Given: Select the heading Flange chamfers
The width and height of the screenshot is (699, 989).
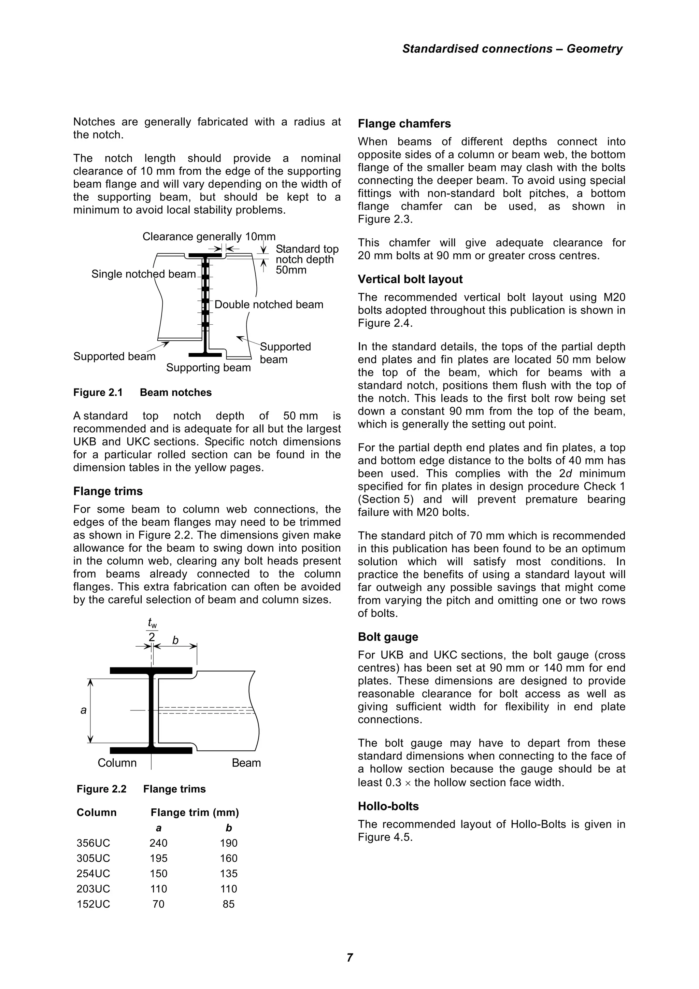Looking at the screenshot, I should pos(404,124).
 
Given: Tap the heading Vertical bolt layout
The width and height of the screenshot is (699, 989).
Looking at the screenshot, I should pos(410,279).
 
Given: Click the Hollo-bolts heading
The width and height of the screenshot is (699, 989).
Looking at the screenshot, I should pos(388,806).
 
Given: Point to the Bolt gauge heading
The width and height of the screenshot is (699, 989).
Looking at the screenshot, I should pos(388,637).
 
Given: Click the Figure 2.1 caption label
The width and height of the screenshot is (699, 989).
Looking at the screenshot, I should pos(98,392).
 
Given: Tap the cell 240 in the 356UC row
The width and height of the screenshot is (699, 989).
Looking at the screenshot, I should pos(158,843).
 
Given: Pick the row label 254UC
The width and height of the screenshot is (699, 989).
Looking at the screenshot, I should pos(93,874).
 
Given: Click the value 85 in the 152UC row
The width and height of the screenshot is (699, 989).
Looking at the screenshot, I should pos(228,904).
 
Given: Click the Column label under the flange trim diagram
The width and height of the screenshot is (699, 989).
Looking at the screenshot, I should pos(117,763).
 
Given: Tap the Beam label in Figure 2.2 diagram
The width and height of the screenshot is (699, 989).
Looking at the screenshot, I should pos(246,763).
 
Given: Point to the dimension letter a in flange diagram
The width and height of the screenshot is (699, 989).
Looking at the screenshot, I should pos(84,710).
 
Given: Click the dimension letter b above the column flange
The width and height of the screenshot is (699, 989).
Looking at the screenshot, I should pos(175,640).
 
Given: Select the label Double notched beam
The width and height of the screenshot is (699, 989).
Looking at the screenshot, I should pos(269,305).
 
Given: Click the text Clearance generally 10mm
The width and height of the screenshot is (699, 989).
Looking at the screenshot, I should pos(209,237).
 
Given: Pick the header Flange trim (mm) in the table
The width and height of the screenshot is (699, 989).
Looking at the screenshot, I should pos(195,813).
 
